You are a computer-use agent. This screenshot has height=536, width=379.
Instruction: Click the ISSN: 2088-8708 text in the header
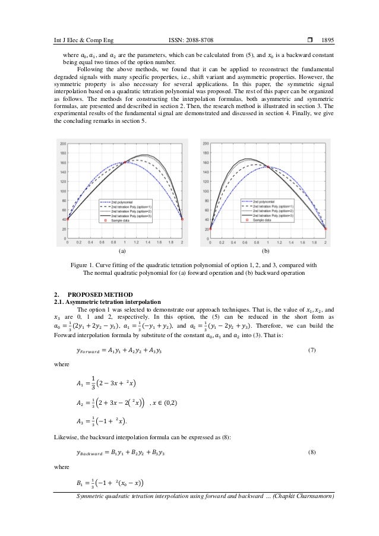191,40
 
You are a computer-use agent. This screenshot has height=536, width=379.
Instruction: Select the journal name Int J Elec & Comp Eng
83,40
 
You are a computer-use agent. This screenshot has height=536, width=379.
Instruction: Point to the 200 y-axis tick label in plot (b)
205,144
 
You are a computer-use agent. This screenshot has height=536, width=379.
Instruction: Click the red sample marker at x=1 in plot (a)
125,162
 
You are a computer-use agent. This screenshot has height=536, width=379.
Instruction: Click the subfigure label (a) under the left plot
123,252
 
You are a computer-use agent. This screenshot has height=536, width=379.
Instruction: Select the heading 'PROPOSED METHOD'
97,295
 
